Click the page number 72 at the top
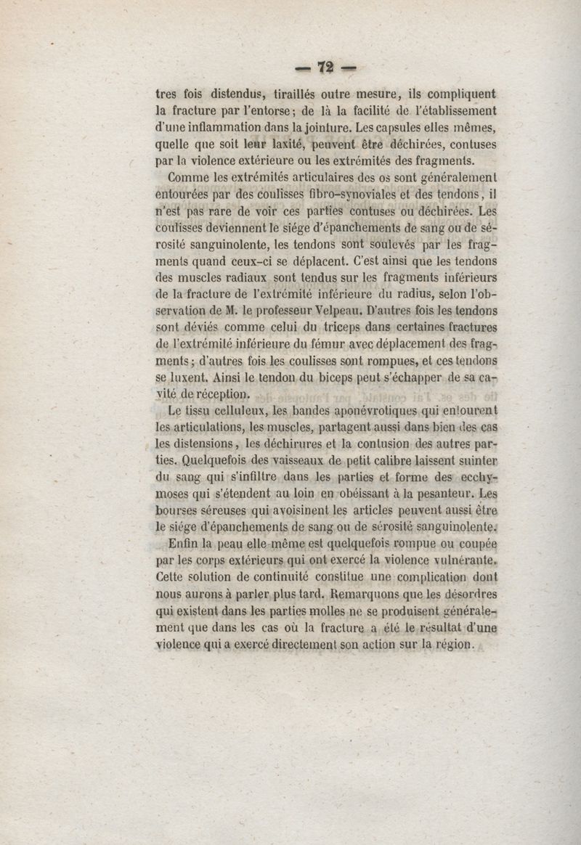point(325,68)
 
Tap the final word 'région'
point(452,645)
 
